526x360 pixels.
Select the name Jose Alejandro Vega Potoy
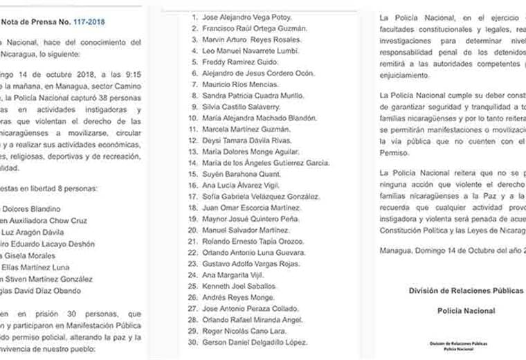point(247,16)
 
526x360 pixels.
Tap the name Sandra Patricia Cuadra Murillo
point(251,96)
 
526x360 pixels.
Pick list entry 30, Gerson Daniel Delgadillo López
point(255,343)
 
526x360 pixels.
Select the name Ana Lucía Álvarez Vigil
point(241,186)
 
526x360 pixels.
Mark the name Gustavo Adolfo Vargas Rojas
point(251,264)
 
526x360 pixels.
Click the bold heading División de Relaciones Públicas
point(465,291)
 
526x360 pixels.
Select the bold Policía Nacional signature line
point(465,311)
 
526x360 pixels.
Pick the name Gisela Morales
point(38,255)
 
